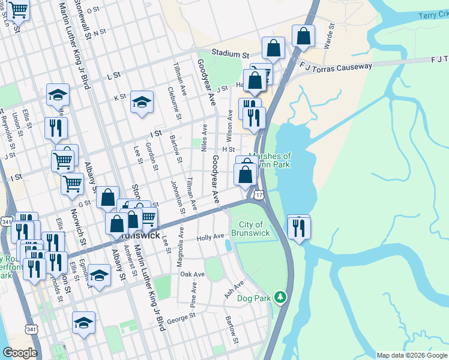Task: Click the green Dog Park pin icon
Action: (x=279, y=297)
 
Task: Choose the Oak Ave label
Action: (x=192, y=274)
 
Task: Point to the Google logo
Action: (x=20, y=353)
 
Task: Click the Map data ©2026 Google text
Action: (x=411, y=355)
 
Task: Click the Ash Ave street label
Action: (x=234, y=289)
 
